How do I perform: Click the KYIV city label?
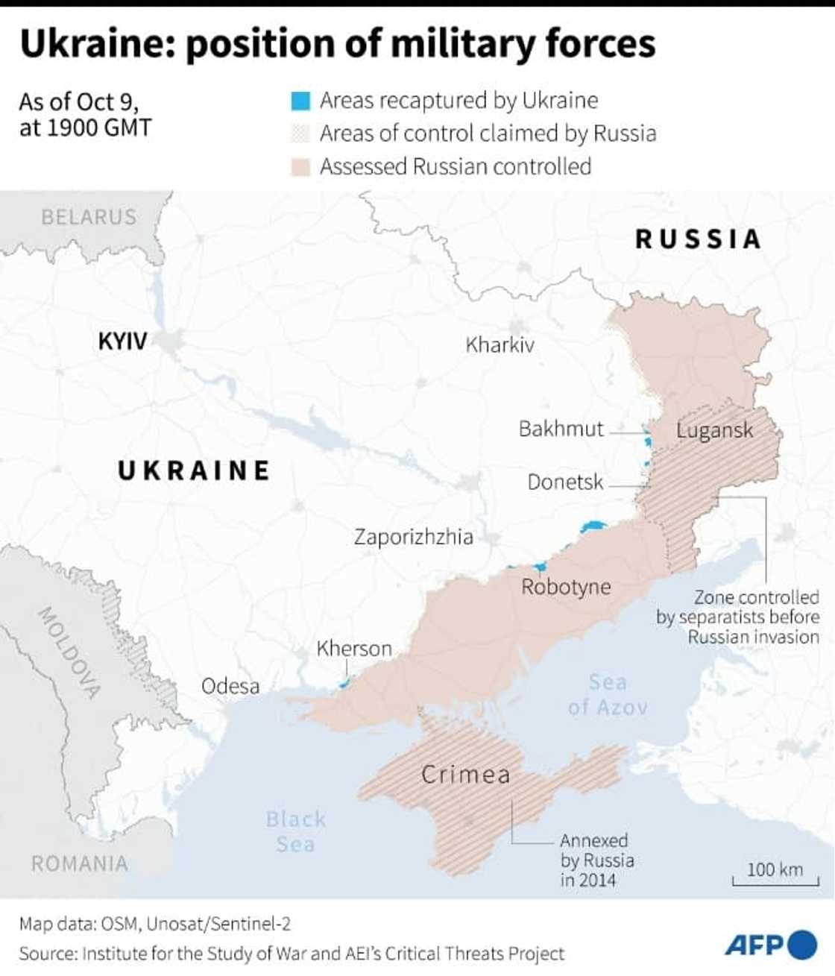122,341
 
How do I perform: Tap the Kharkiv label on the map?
500,344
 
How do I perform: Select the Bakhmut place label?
561,429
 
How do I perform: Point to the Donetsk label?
565,482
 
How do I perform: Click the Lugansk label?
714,430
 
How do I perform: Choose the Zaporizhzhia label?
413,537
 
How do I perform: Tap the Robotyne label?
565,587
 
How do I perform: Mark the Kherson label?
354,649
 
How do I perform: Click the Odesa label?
230,686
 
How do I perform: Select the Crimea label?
466,775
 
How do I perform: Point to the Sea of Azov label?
608,695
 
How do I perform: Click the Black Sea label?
296,831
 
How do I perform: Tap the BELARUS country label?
89,217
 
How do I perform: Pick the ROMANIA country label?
79,863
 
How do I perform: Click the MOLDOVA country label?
69,652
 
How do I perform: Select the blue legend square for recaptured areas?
300,101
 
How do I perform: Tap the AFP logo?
770,945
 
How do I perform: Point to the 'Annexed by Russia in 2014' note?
597,860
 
